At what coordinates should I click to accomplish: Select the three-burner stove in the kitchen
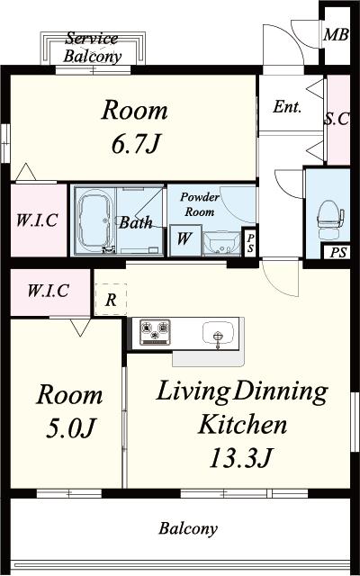(155, 332)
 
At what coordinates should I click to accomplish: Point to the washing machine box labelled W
(185, 240)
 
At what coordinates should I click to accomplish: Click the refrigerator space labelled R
(111, 300)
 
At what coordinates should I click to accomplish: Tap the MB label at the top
(336, 35)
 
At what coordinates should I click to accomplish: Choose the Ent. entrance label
(287, 107)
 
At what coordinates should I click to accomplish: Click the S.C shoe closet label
(337, 118)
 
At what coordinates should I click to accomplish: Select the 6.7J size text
(136, 144)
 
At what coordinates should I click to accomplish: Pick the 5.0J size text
(71, 428)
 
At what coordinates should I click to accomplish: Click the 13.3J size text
(240, 458)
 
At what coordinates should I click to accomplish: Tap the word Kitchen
(242, 424)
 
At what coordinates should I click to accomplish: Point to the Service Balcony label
(92, 48)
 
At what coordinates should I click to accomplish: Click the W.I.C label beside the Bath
(37, 220)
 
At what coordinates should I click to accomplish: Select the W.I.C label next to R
(48, 291)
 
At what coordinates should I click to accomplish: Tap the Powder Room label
(200, 204)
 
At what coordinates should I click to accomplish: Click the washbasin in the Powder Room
(220, 244)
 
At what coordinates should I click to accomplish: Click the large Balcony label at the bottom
(188, 529)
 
